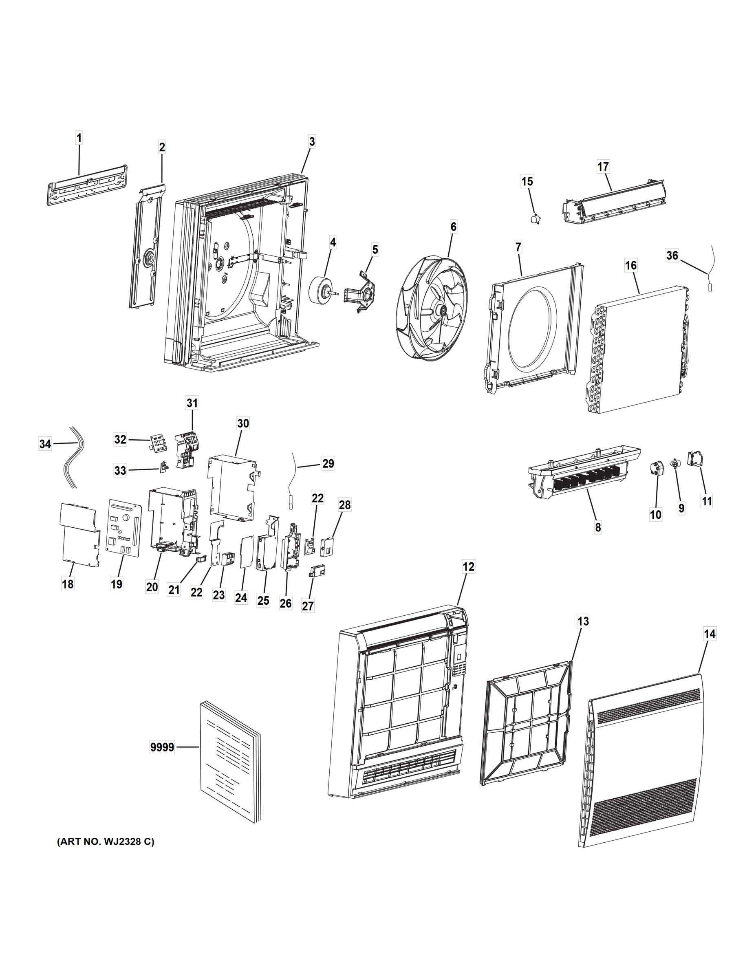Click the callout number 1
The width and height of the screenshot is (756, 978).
click(79, 138)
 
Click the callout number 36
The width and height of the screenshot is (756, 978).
click(672, 255)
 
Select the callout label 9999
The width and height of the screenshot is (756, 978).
click(162, 747)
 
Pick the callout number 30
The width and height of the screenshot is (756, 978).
click(243, 423)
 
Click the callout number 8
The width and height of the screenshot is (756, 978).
click(598, 528)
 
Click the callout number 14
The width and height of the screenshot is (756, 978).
click(710, 634)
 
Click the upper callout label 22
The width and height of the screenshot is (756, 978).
click(317, 498)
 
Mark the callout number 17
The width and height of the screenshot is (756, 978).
click(603, 167)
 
